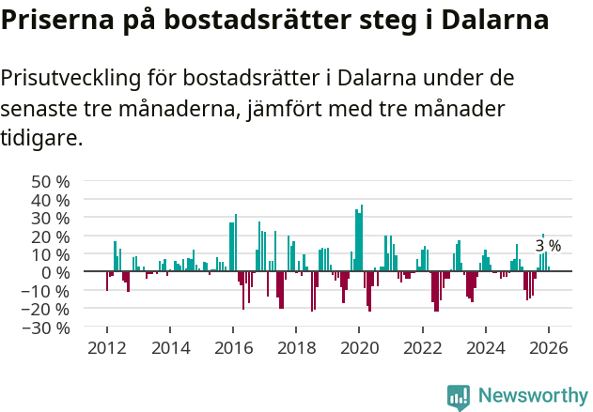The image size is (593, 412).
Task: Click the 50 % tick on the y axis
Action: pos(50,181)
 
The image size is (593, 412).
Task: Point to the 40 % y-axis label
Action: pos(50,200)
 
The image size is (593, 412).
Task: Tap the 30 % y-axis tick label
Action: pos(50,218)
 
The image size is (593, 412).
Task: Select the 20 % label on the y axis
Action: pos(50,237)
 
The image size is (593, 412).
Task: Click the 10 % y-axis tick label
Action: pos(50,254)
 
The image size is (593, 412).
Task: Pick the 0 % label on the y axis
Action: pos(55,272)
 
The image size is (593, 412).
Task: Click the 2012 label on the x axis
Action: pos(106,347)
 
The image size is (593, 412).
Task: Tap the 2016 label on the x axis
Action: pos(232,347)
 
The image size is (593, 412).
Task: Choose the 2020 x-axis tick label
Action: pos(359,347)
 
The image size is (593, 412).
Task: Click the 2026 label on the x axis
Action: pos(548,347)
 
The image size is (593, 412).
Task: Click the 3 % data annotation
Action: pos(548,246)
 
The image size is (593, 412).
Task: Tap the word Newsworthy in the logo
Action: pos(532,396)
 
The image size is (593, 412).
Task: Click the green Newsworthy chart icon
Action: pos(459,397)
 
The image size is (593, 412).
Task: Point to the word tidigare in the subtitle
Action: pos(41,140)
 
